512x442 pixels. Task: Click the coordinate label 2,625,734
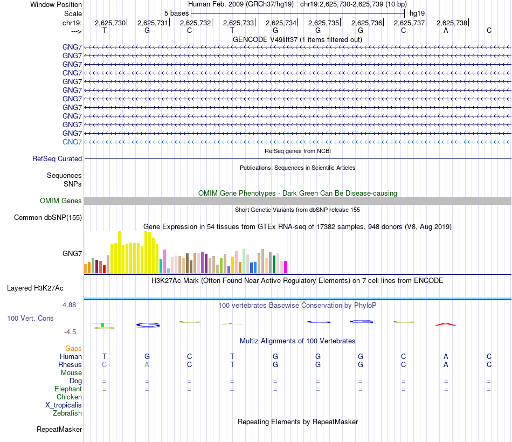pyautogui.click(x=280, y=23)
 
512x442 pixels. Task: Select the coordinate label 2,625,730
pyautogui.click(x=110, y=23)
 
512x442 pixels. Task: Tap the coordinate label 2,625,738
pyautogui.click(x=452, y=23)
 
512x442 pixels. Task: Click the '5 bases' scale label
pyautogui.click(x=176, y=13)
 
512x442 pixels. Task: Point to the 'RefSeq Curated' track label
pyautogui.click(x=57, y=159)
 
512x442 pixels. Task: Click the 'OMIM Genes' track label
pyautogui.click(x=61, y=201)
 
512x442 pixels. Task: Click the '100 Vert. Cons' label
pyautogui.click(x=30, y=319)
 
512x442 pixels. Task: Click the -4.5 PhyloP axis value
pyautogui.click(x=71, y=332)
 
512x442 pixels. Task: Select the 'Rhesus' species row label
pyautogui.click(x=70, y=365)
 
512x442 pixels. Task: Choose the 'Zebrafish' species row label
pyautogui.click(x=67, y=413)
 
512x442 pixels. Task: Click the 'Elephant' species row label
pyautogui.click(x=68, y=389)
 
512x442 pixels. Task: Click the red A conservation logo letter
pyautogui.click(x=446, y=324)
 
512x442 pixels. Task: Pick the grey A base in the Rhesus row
pyautogui.click(x=147, y=365)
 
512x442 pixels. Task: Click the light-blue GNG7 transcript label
pyautogui.click(x=72, y=142)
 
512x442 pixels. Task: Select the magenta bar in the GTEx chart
pyautogui.click(x=285, y=267)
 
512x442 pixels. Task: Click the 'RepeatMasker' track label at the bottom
pyautogui.click(x=59, y=430)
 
